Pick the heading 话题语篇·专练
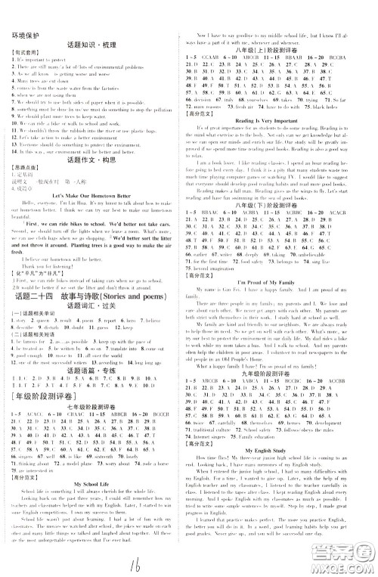tap(94, 421)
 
